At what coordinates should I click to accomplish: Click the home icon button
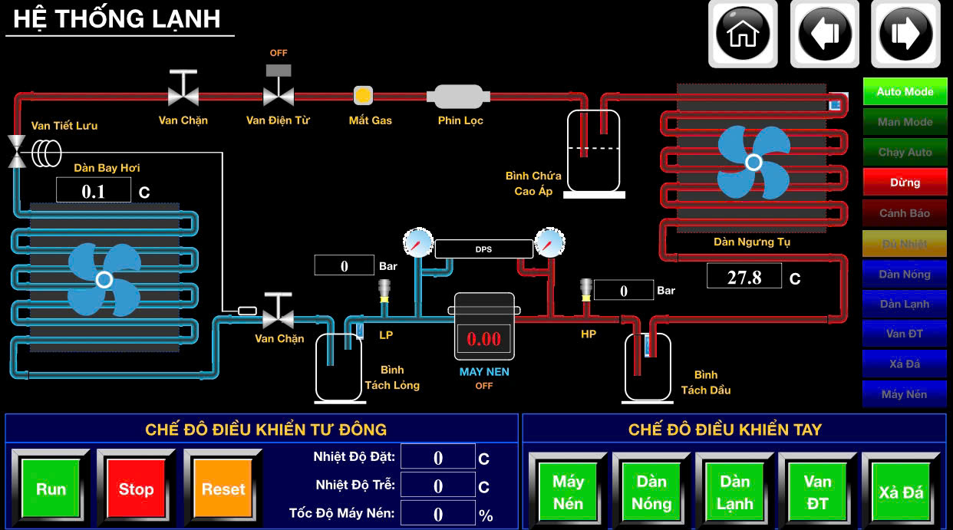tap(742, 34)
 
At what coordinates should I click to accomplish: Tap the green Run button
tap(51, 489)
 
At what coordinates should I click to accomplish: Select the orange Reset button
tap(223, 489)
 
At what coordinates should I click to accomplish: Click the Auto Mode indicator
tap(905, 91)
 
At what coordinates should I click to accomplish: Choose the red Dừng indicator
tap(905, 183)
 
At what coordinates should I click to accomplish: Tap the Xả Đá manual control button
tap(901, 492)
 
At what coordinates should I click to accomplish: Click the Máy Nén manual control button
tap(568, 492)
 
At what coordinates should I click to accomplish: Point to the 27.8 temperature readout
tap(744, 277)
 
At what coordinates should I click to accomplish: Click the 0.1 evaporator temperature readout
tap(94, 191)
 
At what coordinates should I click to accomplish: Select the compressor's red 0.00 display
tap(483, 338)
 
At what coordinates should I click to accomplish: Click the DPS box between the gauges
tap(483, 249)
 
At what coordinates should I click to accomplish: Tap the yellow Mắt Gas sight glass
tap(363, 96)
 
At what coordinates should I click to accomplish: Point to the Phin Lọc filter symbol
tap(459, 97)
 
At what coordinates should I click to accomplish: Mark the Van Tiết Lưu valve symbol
tap(16, 150)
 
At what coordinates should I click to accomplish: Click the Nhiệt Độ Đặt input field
tap(437, 458)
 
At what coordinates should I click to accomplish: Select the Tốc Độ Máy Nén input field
tap(437, 513)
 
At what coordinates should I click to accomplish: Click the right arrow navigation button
tap(905, 34)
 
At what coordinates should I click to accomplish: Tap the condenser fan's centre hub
tap(753, 162)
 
